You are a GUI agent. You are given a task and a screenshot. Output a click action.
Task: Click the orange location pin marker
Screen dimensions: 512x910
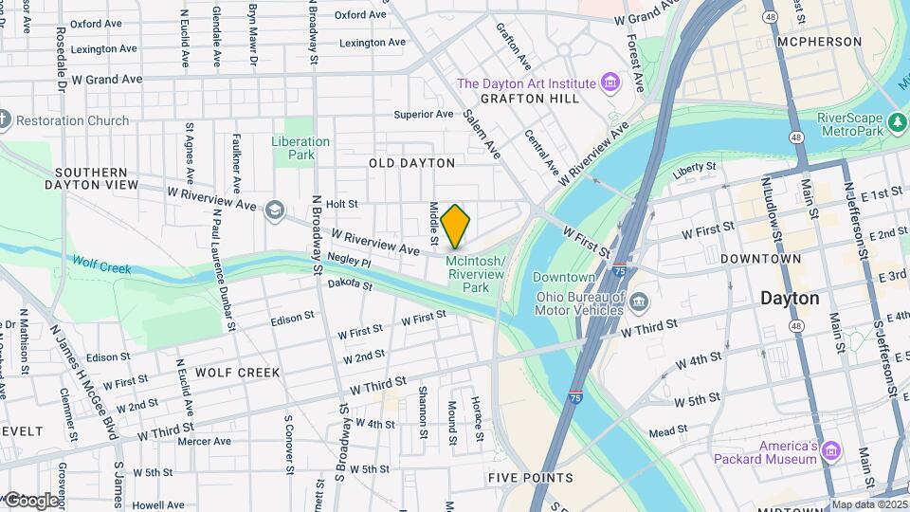click(x=455, y=226)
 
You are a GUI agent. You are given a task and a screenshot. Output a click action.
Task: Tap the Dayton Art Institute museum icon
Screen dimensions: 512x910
click(x=610, y=83)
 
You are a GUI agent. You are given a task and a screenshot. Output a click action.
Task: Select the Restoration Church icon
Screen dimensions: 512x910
click(x=3, y=120)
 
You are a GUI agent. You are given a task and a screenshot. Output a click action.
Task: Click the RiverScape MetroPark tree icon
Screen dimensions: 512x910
click(x=897, y=123)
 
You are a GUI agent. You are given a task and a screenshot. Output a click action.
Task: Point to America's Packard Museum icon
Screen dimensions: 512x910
click(x=831, y=449)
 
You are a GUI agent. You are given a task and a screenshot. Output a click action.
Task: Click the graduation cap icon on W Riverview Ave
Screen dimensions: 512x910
click(x=274, y=209)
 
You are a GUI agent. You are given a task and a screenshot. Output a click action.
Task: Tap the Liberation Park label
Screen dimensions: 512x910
click(x=300, y=148)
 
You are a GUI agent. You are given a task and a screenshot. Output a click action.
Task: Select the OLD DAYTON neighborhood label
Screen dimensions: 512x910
click(x=412, y=163)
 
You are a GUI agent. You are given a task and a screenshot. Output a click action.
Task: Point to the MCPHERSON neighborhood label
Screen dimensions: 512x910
click(x=819, y=43)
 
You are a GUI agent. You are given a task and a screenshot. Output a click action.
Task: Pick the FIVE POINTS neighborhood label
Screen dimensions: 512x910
click(x=531, y=478)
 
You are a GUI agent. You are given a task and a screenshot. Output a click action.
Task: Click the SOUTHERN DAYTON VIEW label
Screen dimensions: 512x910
click(x=91, y=178)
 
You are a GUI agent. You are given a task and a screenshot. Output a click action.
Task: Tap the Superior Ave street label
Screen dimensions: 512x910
click(x=425, y=115)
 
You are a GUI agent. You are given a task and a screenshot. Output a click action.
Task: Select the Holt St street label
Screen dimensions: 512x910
click(x=341, y=204)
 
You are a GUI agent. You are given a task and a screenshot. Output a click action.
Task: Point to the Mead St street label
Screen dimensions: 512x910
click(x=668, y=431)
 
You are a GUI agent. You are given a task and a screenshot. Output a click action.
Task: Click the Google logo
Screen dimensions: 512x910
click(x=31, y=500)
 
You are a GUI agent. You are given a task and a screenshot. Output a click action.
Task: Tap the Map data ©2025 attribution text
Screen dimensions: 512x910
click(x=869, y=504)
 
